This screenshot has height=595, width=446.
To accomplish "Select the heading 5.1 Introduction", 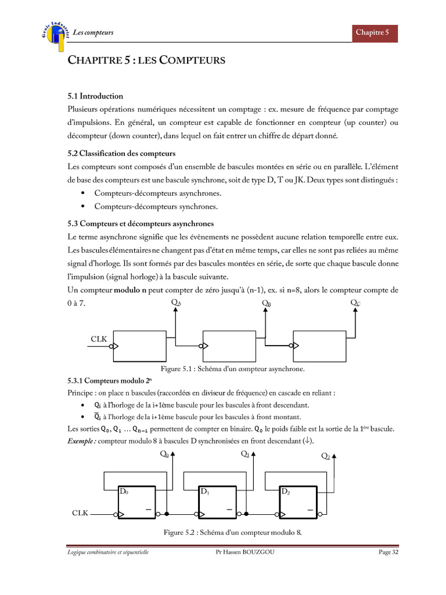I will click(95, 96).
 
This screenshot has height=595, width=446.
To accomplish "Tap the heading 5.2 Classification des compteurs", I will click(121, 153).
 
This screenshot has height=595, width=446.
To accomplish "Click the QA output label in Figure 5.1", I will click(175, 303).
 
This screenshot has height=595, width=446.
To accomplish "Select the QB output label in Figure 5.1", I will click(267, 303).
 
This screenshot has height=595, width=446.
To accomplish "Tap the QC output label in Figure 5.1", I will click(355, 303).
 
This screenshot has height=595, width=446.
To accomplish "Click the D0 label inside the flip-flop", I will click(124, 492).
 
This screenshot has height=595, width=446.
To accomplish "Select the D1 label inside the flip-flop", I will click(204, 492).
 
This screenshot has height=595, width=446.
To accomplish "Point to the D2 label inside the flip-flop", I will click(285, 492).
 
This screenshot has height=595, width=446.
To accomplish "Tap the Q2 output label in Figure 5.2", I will click(326, 456).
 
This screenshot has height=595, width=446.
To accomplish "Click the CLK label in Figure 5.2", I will click(80, 514).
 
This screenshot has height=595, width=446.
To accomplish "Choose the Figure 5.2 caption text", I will click(232, 532).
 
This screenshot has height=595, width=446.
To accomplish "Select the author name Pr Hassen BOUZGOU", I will click(244, 552).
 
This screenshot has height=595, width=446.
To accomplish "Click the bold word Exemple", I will click(82, 441).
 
